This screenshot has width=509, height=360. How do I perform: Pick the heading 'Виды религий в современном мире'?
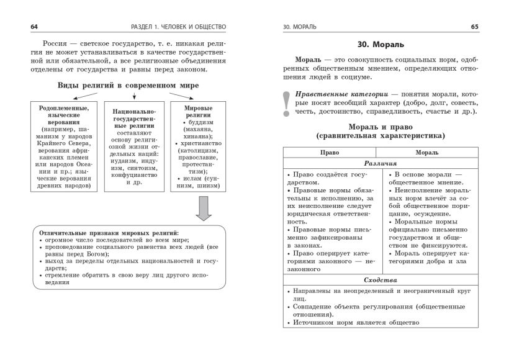tap(128, 85)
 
